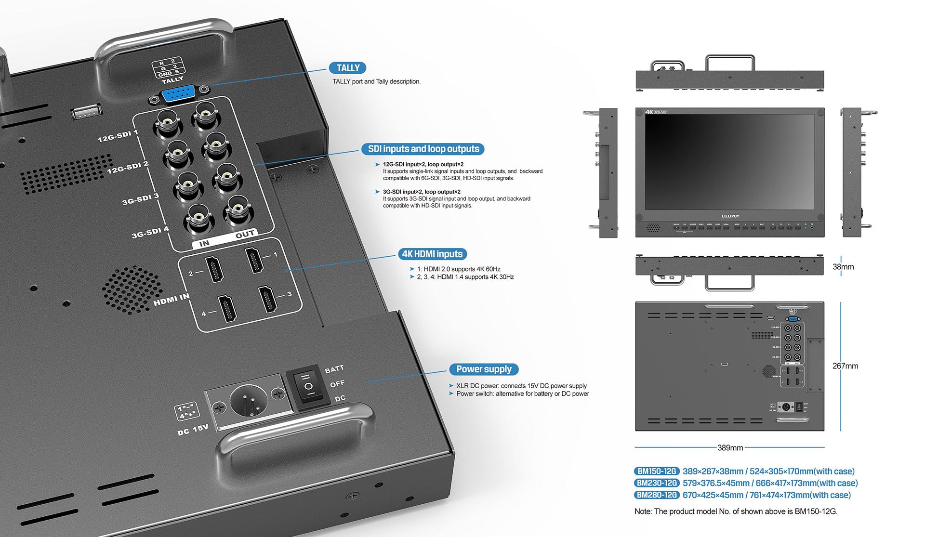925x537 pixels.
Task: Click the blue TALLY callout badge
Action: click(x=347, y=68)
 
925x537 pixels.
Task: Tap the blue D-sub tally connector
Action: click(x=179, y=94)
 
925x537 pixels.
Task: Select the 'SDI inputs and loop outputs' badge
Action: click(x=423, y=149)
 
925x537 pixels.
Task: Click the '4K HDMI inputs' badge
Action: click(x=432, y=254)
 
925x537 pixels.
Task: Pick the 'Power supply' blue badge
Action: click(x=484, y=369)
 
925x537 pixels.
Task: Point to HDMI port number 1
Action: click(x=255, y=260)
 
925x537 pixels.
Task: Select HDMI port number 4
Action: click(x=227, y=309)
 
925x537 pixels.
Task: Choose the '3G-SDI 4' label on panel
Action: click(x=150, y=232)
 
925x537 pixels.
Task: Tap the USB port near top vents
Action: click(x=86, y=112)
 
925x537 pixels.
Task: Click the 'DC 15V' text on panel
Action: click(x=193, y=429)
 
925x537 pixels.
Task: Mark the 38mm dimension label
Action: click(x=843, y=267)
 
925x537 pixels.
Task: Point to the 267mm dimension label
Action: click(x=845, y=366)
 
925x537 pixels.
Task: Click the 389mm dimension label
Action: click(x=730, y=448)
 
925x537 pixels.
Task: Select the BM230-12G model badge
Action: click(x=657, y=483)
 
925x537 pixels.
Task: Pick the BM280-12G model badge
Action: click(x=657, y=495)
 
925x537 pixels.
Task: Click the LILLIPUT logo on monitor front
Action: click(x=730, y=216)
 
